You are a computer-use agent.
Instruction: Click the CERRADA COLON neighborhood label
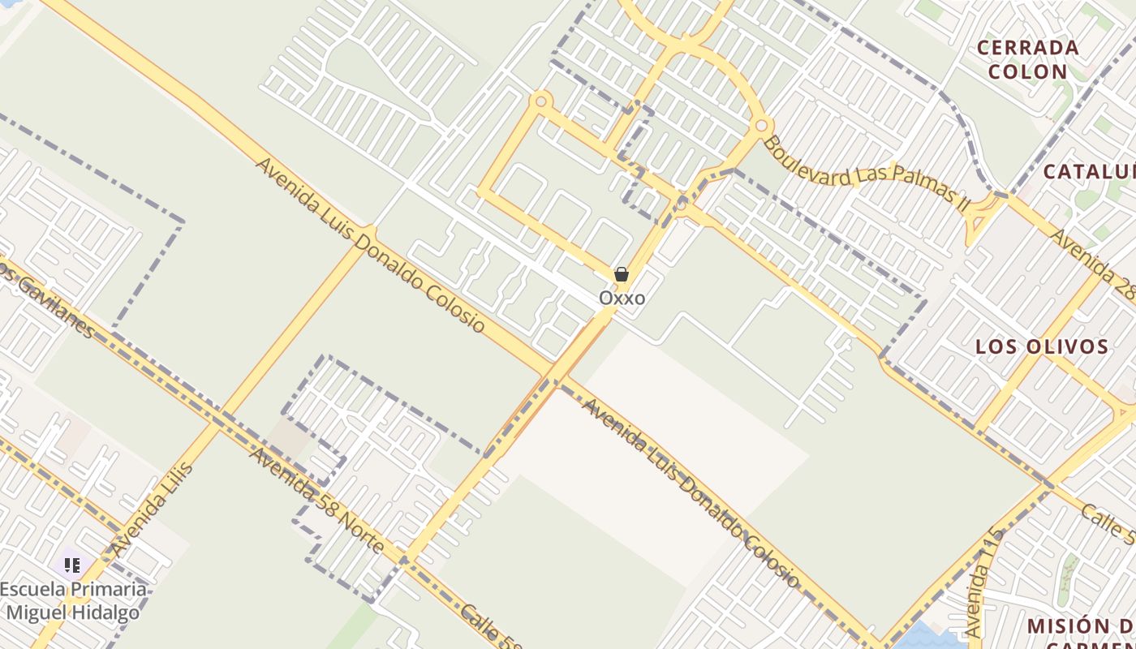pyautogui.click(x=1027, y=59)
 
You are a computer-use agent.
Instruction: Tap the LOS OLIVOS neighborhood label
pyautogui.click(x=1042, y=347)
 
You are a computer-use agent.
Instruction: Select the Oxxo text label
pyautogui.click(x=622, y=298)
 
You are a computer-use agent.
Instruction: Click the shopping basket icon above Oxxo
pyautogui.click(x=622, y=275)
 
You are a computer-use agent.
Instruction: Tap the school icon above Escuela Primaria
pyautogui.click(x=71, y=565)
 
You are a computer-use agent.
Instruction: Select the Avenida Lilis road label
pyautogui.click(x=153, y=509)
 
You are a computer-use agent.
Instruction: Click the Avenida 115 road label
pyautogui.click(x=984, y=582)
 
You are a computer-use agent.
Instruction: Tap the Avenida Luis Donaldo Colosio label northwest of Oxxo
pyautogui.click(x=370, y=245)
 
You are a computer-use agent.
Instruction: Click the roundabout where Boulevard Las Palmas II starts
pyautogui.click(x=761, y=126)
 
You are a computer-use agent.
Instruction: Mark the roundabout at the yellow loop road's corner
pyautogui.click(x=541, y=101)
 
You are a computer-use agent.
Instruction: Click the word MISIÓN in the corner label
pyautogui.click(x=1067, y=626)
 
